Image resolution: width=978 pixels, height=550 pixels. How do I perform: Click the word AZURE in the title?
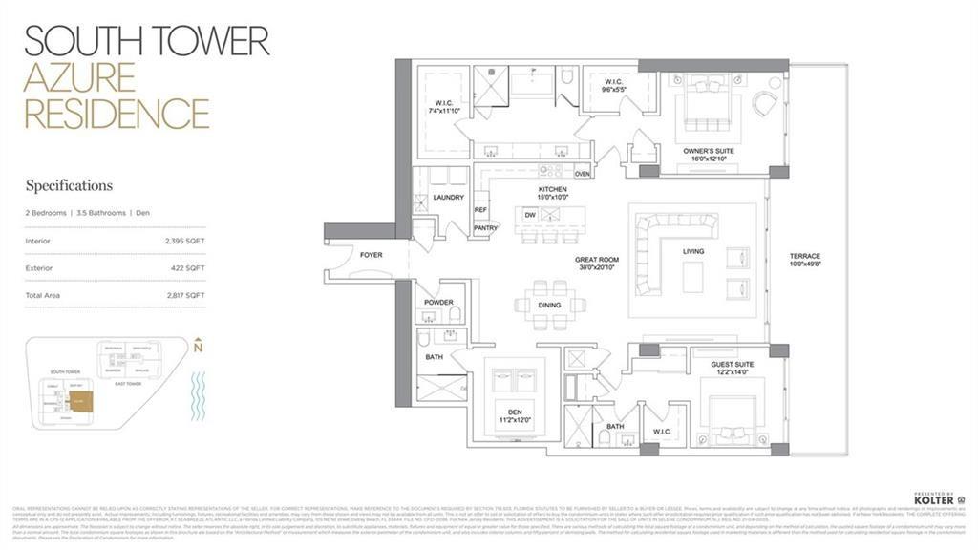click(x=73, y=76)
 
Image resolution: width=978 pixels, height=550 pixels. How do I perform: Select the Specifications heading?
click(x=69, y=185)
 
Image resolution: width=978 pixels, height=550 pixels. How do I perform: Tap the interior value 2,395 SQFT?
click(x=184, y=241)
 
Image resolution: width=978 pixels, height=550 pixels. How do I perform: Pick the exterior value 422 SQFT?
click(x=188, y=268)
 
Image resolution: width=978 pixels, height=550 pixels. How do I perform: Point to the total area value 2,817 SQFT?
click(x=184, y=296)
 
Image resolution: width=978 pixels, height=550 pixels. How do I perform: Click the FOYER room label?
click(x=370, y=255)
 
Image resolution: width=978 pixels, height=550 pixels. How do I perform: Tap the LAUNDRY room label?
click(x=448, y=198)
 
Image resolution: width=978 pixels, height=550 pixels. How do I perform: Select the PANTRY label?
click(x=485, y=228)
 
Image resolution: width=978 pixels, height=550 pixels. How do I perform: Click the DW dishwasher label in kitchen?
click(x=529, y=215)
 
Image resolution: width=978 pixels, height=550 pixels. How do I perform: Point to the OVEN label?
click(x=583, y=174)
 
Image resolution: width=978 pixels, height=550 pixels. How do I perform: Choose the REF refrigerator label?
click(x=480, y=209)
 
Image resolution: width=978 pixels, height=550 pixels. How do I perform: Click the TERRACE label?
click(x=805, y=257)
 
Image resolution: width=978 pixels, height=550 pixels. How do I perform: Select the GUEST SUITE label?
click(x=732, y=365)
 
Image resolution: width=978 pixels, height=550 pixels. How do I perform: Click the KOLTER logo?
click(x=933, y=499)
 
